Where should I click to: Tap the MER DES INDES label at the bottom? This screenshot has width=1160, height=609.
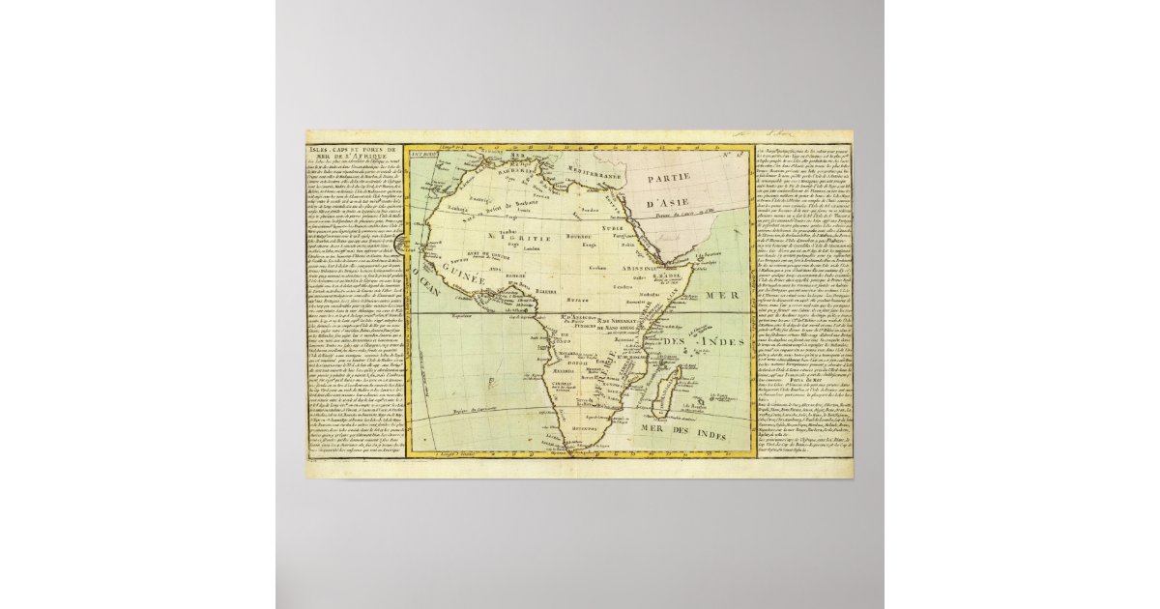679,428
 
